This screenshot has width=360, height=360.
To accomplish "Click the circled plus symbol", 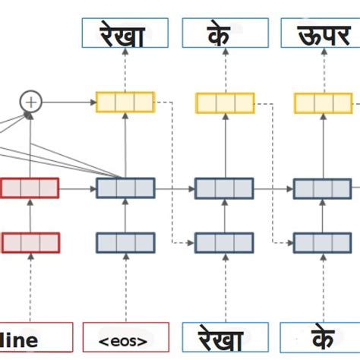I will [x=30, y=101].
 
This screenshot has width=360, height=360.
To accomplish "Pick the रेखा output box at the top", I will [x=125, y=33].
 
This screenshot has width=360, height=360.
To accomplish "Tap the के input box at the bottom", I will [x=320, y=338].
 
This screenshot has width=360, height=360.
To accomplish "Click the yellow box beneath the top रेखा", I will [x=125, y=102].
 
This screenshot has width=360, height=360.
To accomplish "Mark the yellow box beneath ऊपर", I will [x=322, y=102].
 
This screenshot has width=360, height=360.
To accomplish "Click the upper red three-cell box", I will [x=30, y=188].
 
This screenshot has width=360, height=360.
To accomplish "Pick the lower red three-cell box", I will [x=30, y=242].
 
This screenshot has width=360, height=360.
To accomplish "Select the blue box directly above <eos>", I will [x=125, y=242].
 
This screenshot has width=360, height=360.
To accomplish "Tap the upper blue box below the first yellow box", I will [x=125, y=188].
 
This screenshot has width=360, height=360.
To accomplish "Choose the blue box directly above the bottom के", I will [x=322, y=242].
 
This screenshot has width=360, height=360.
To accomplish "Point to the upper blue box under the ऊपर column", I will [x=322, y=188].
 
